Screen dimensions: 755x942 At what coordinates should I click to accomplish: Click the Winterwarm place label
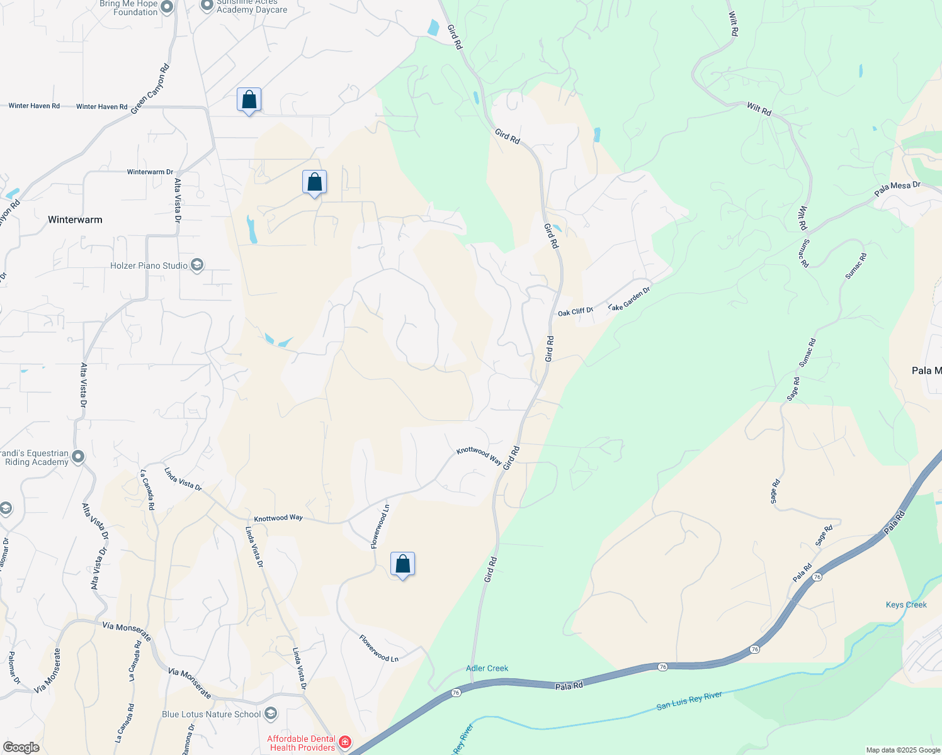coord(75,220)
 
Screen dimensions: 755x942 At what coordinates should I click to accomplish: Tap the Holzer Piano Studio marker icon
coord(197,265)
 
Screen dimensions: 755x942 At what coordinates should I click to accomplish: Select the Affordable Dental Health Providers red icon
coord(344,742)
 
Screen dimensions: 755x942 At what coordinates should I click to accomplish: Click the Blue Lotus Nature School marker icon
coord(271,713)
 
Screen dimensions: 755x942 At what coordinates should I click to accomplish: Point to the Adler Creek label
coord(487,668)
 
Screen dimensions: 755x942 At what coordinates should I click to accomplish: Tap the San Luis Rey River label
coord(689,700)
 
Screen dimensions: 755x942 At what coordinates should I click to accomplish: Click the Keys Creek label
coord(906,605)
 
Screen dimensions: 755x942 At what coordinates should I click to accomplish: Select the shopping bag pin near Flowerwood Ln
coord(402,564)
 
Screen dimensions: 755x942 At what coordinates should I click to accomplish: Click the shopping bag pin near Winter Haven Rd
coord(249,100)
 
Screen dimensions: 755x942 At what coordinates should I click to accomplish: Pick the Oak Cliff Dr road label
coord(575,311)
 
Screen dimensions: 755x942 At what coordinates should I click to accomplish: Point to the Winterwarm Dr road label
coord(150,172)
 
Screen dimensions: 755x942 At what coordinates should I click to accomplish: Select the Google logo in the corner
coord(21,747)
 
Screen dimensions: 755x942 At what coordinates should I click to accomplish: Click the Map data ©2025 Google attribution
coord(902,750)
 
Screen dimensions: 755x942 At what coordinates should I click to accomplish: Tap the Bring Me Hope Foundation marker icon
coord(167,7)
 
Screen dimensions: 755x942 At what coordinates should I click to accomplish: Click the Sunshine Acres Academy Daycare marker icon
coord(207,6)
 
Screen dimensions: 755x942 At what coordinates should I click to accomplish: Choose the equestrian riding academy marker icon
coord(78,457)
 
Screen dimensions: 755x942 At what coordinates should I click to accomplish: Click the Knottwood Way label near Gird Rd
coord(479,455)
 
